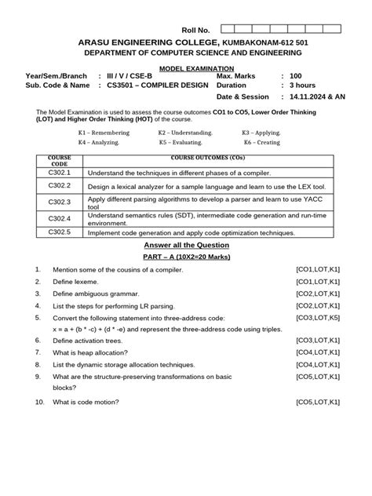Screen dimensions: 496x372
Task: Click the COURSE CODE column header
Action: tap(60, 159)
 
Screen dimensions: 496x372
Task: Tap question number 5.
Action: tap(38, 317)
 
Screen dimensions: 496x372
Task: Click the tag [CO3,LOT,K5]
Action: tap(317, 317)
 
